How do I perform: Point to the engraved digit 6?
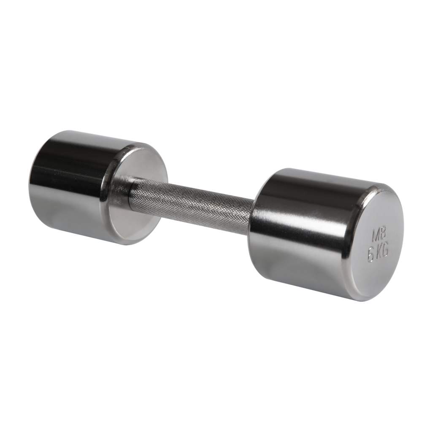371,255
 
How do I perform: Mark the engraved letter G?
386,252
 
